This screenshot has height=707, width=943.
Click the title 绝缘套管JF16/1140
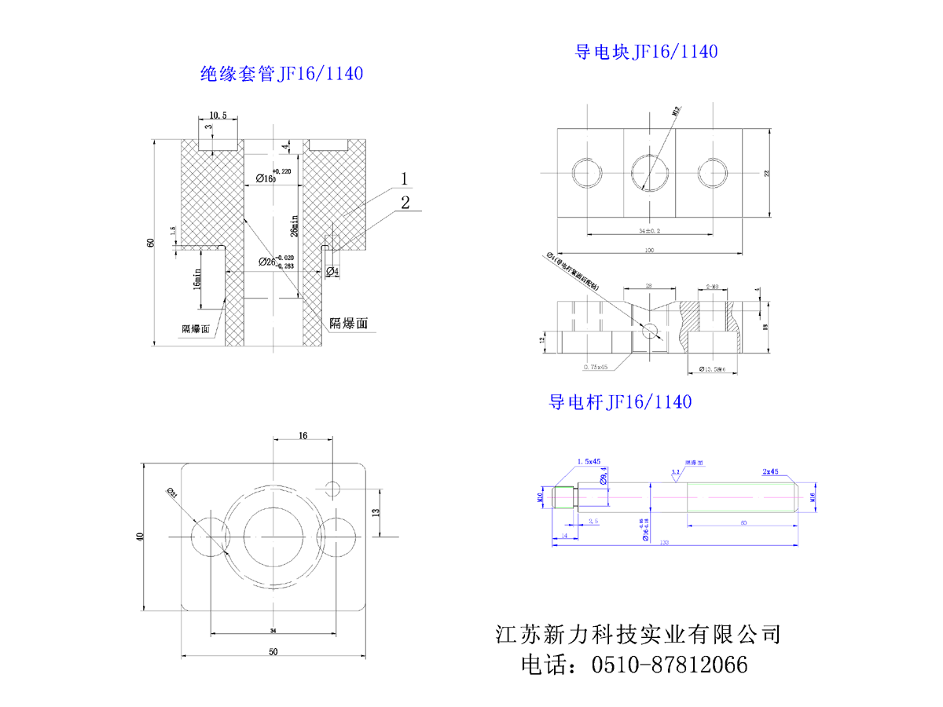click(281, 75)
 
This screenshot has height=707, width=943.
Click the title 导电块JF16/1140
click(646, 52)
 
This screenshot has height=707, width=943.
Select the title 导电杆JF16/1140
click(619, 402)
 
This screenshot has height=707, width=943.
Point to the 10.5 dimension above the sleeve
click(218, 115)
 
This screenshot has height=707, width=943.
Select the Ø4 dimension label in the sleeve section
click(332, 272)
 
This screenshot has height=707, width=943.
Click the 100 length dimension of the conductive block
click(649, 251)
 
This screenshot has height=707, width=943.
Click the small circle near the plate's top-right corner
click(332, 489)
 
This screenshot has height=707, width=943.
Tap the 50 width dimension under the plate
click(273, 651)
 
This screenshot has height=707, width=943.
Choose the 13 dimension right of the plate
click(376, 511)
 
